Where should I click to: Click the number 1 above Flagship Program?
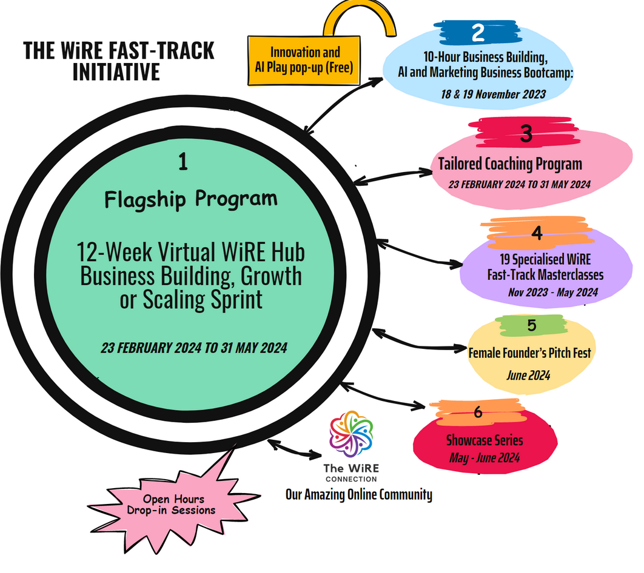coord(183,162)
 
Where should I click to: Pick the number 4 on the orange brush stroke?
coord(536,233)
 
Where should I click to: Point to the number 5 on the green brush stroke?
coord(531,325)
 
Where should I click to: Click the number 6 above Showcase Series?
coord(477,412)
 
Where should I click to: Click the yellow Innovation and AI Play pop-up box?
coord(305,60)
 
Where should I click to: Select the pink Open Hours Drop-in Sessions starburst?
coord(174,505)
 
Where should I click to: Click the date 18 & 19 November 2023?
coord(494,94)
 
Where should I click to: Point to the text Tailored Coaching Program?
coord(510,164)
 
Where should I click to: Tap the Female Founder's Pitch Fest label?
coord(529,352)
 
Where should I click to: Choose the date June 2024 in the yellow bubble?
coord(528,376)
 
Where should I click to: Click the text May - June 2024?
coord(485,459)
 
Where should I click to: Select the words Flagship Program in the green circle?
coord(190,199)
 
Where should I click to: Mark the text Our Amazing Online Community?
coord(359,495)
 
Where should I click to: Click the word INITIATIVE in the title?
coord(116,71)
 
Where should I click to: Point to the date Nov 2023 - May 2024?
coord(553,293)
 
